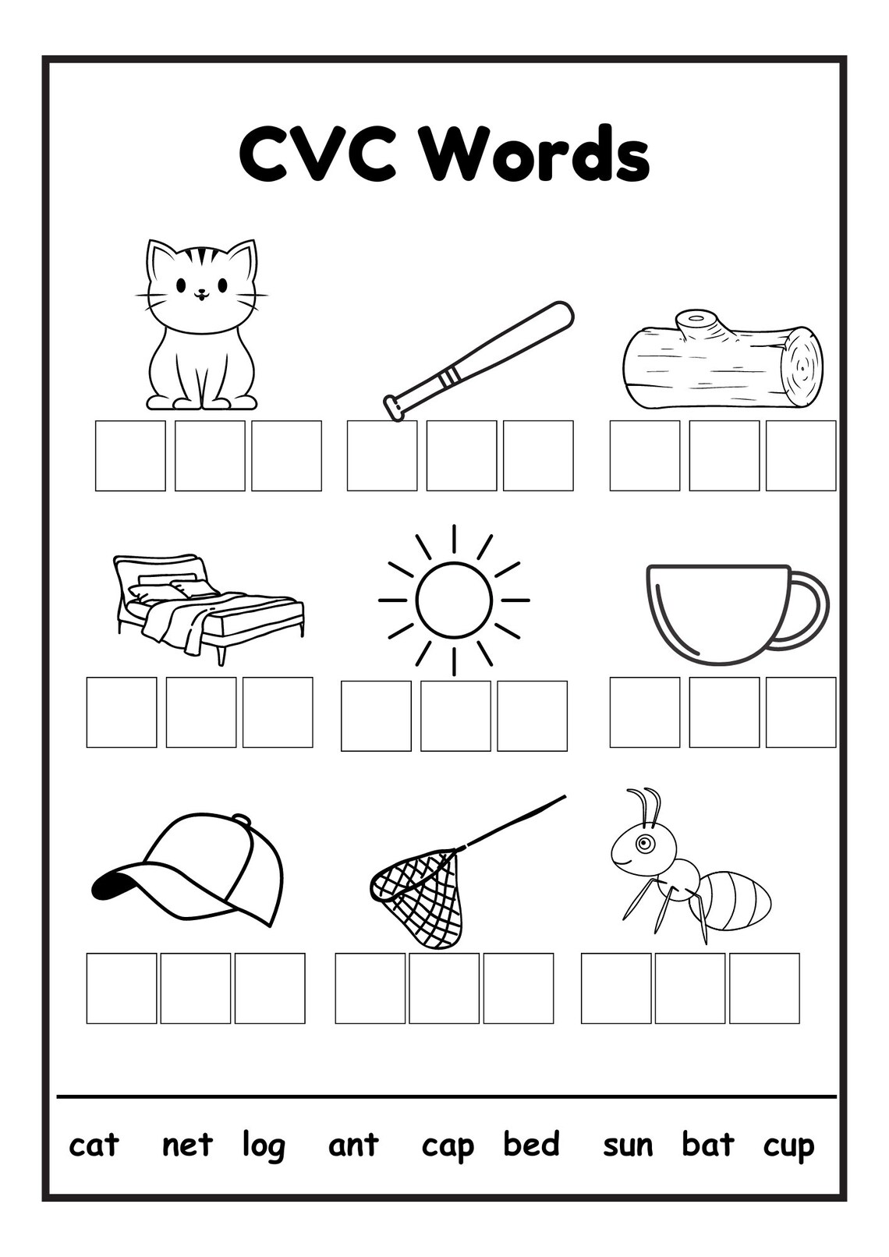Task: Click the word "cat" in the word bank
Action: (x=94, y=1145)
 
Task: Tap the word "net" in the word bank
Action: (x=187, y=1145)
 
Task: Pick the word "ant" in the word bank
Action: (x=353, y=1145)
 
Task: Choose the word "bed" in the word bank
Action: (x=531, y=1145)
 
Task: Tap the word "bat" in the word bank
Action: (x=708, y=1145)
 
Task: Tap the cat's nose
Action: (x=201, y=293)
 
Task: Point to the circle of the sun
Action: (x=454, y=600)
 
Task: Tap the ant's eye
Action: (x=643, y=843)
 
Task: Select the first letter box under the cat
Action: (x=130, y=456)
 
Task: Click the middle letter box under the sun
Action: (x=455, y=716)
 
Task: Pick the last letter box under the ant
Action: (x=764, y=988)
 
